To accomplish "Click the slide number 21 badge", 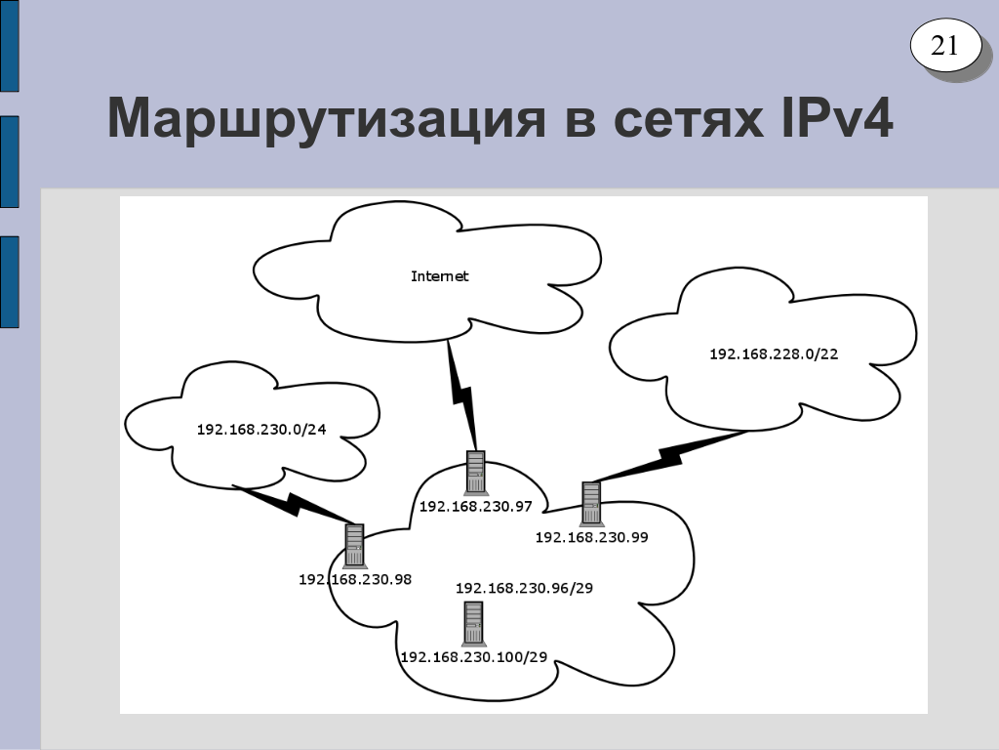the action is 944,45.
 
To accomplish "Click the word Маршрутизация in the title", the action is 327,119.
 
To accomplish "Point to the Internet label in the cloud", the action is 440,276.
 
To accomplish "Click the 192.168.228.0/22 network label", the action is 774,354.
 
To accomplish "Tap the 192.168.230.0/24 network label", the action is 261,430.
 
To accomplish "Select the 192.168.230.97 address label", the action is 475,507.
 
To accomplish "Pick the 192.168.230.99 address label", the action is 592,537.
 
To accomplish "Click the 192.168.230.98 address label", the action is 355,579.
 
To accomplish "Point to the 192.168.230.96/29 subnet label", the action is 524,588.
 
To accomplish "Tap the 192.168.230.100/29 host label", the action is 474,657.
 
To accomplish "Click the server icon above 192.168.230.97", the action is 476,473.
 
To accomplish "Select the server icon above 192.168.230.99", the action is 591,503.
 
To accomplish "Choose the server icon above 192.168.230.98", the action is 354,545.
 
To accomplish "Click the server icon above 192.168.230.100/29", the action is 473,623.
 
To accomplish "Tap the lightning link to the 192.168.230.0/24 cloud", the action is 293,504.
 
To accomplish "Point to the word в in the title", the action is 579,121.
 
